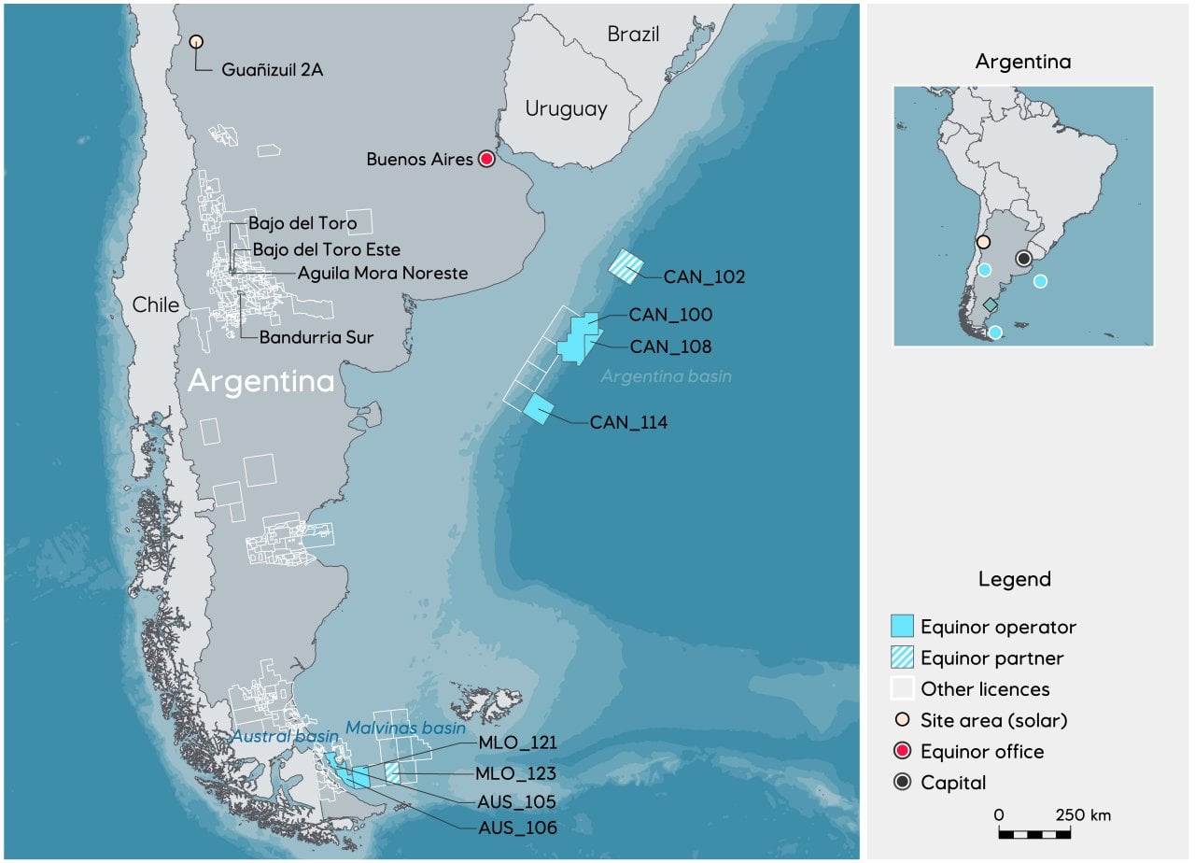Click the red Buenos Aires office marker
486,159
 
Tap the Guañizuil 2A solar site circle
196,41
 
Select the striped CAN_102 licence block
626,266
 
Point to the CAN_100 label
669,315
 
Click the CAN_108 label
670,347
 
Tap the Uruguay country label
566,108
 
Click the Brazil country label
633,35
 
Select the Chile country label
155,304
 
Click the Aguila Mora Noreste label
382,273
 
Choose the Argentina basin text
666,376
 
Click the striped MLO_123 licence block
392,771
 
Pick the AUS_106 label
517,828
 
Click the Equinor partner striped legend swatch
902,658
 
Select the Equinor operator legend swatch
902,627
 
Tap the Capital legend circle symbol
902,783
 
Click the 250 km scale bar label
1083,814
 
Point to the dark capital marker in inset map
1024,258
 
